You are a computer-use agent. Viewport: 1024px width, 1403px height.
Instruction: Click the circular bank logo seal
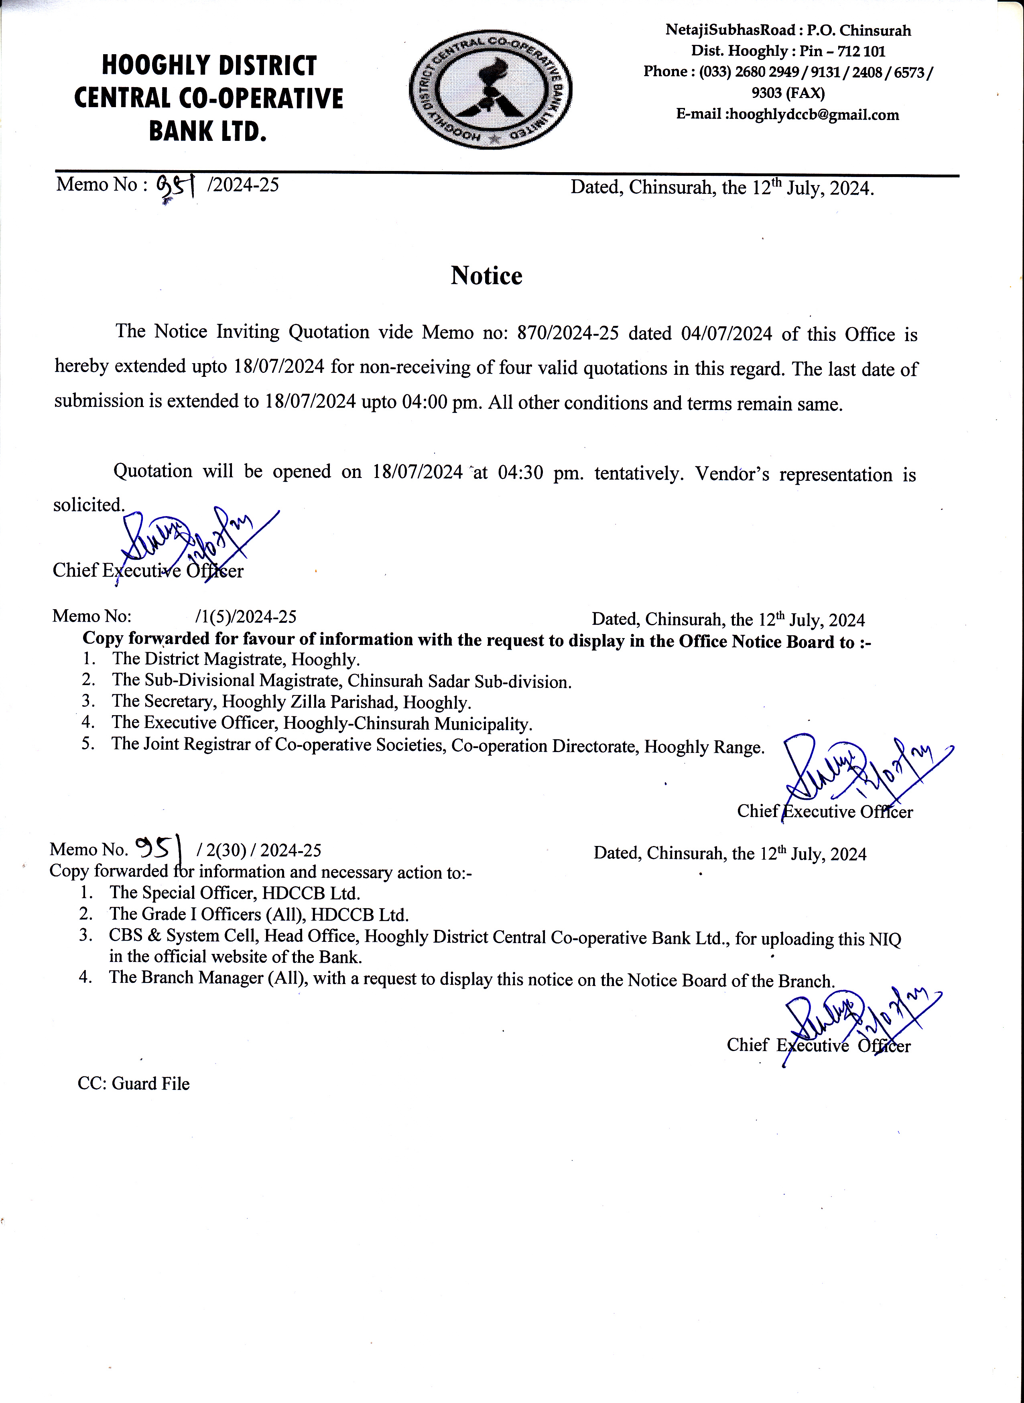point(490,91)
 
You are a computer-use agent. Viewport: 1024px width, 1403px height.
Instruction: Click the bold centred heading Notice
point(487,276)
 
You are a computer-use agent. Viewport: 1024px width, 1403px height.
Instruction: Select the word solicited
point(89,505)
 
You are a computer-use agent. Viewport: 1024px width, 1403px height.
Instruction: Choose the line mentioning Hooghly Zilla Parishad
point(291,702)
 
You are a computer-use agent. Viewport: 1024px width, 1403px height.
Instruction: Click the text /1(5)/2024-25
point(246,617)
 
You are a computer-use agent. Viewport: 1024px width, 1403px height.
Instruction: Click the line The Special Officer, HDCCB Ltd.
point(234,893)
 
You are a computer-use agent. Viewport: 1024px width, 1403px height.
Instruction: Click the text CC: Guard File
point(133,1084)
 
